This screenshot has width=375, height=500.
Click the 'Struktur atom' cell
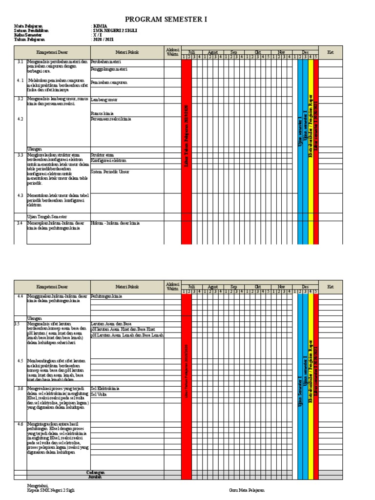click(x=102, y=155)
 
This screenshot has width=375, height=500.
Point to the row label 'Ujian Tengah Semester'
click(x=47, y=216)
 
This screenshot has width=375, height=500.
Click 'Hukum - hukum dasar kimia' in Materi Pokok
click(x=115, y=223)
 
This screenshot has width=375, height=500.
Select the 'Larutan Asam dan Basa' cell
click(x=111, y=324)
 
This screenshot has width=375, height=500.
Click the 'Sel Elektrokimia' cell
click(x=105, y=389)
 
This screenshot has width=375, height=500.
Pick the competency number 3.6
click(x=20, y=389)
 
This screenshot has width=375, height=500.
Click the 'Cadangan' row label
click(x=95, y=472)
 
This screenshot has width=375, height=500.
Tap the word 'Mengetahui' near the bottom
click(x=39, y=485)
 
